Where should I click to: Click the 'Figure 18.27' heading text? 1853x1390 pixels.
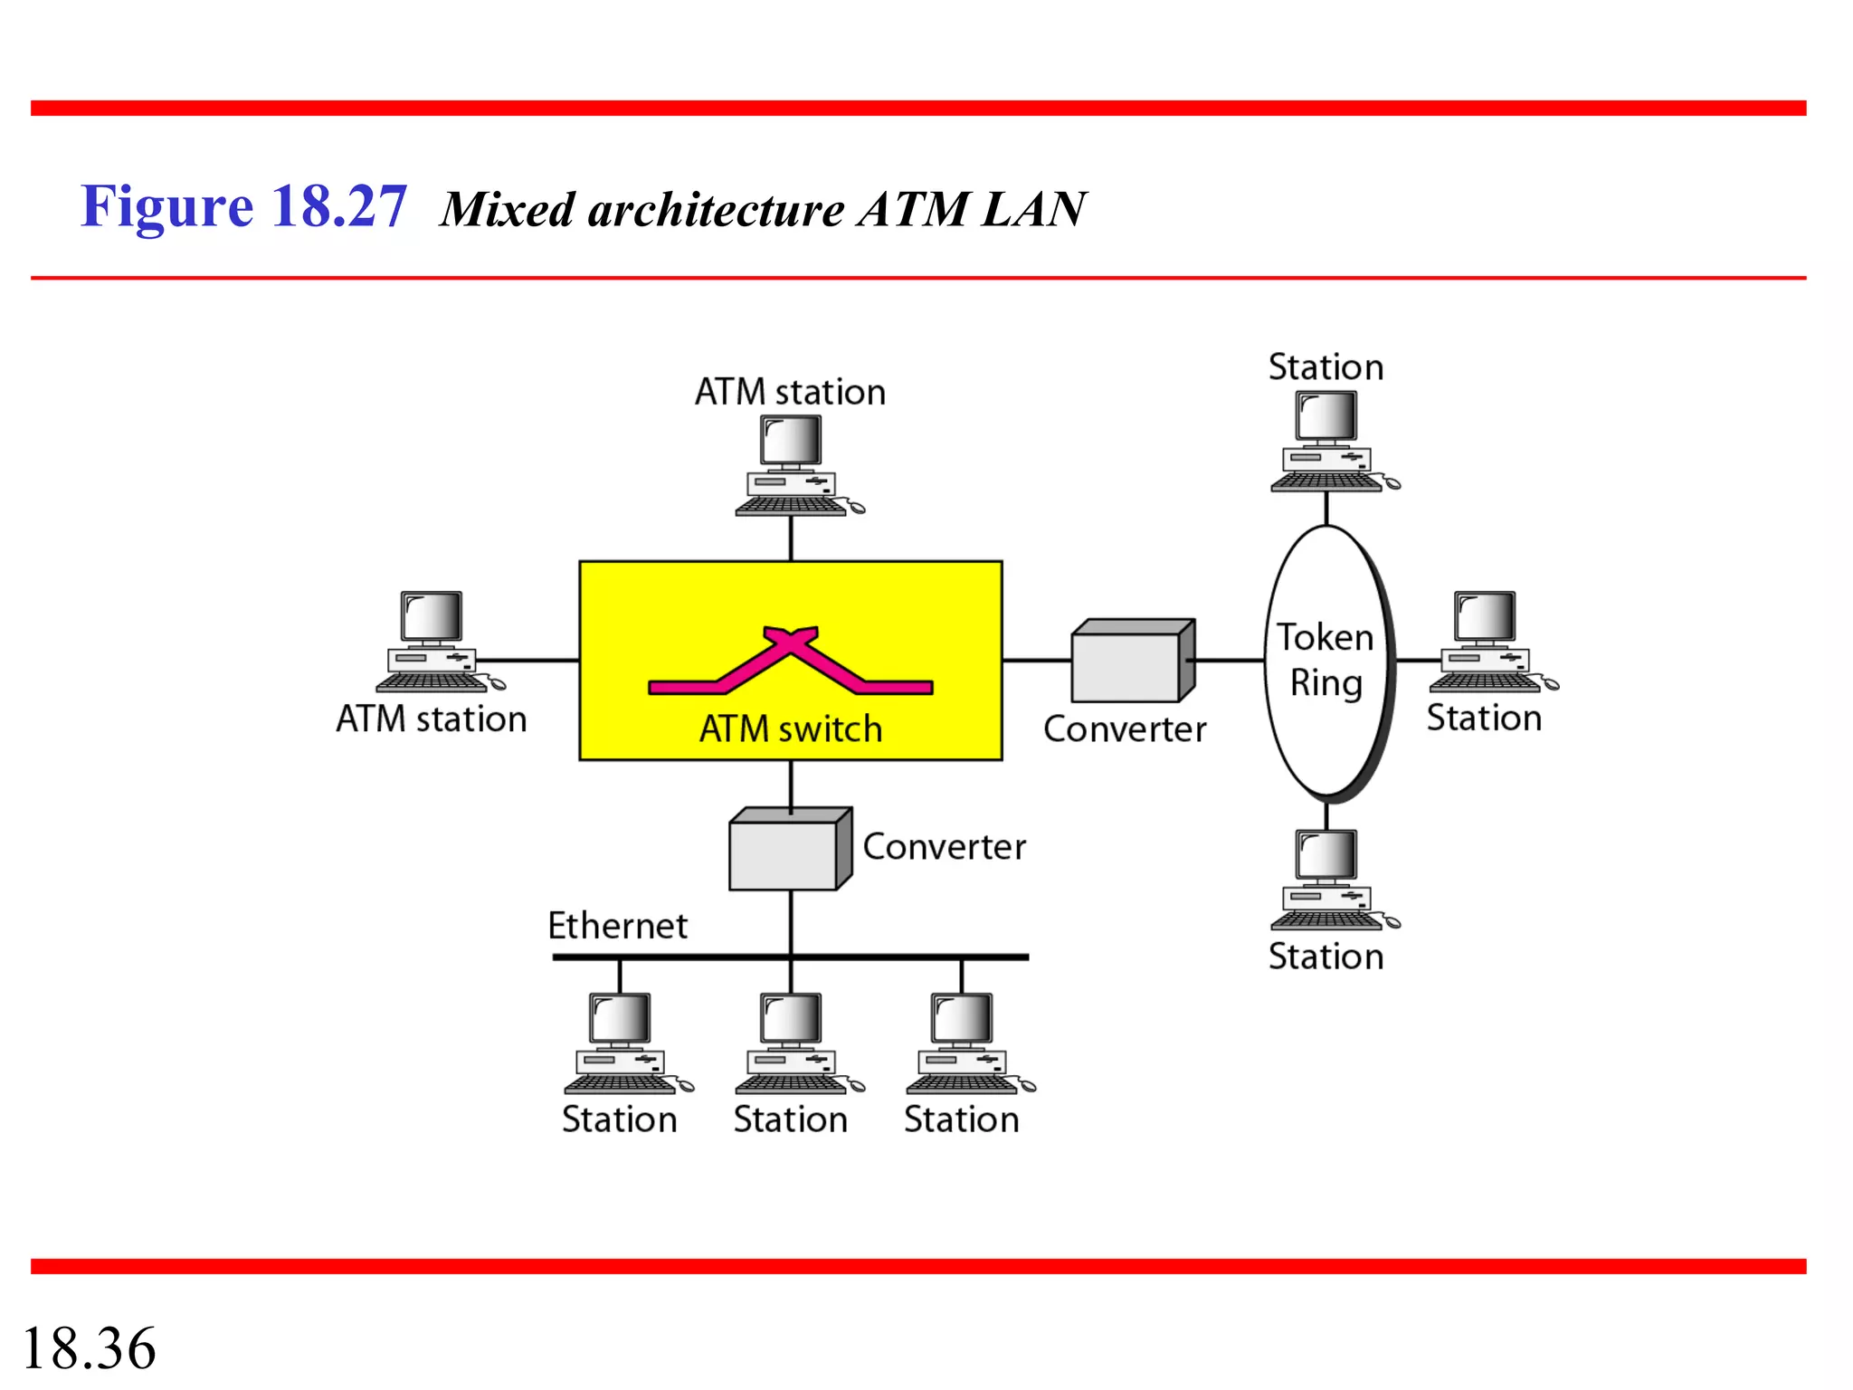(x=243, y=206)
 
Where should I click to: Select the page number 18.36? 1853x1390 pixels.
(x=89, y=1348)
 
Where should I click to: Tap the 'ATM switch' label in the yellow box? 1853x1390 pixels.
(x=790, y=728)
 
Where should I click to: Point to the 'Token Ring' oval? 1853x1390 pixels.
(x=1326, y=661)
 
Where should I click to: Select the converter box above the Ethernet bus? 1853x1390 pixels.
(x=789, y=850)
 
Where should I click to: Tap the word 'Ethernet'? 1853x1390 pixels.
(x=617, y=926)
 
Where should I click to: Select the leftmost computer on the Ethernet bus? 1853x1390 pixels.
(x=622, y=1042)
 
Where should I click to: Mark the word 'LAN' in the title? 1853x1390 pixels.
(x=1033, y=209)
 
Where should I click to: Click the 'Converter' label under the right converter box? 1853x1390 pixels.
(x=1125, y=729)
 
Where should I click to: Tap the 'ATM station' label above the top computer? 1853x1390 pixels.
(x=790, y=392)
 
